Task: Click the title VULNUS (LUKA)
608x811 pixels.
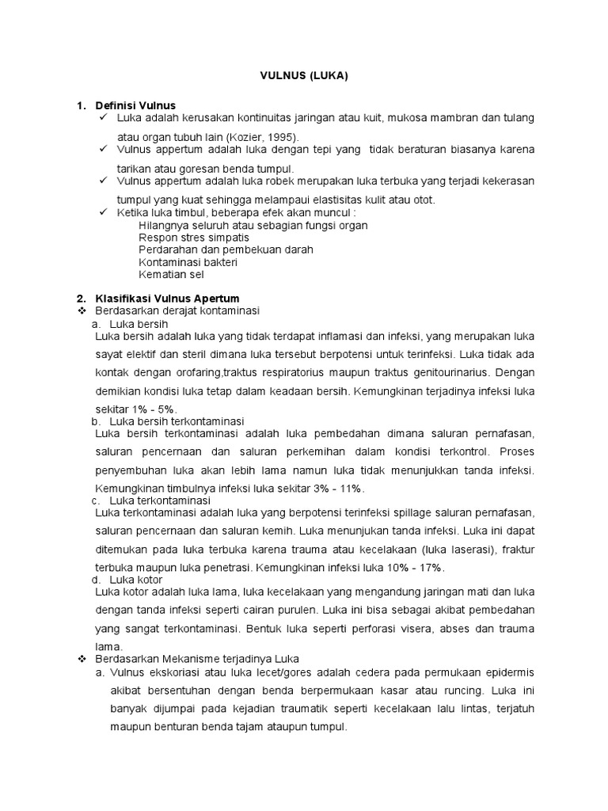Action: tap(304, 76)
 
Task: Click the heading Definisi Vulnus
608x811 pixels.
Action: tap(135, 105)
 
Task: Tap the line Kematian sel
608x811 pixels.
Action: tap(171, 274)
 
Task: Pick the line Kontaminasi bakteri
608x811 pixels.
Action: tap(188, 261)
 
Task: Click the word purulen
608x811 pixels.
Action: tap(305, 611)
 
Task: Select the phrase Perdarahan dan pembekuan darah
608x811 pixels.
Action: tap(226, 249)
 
